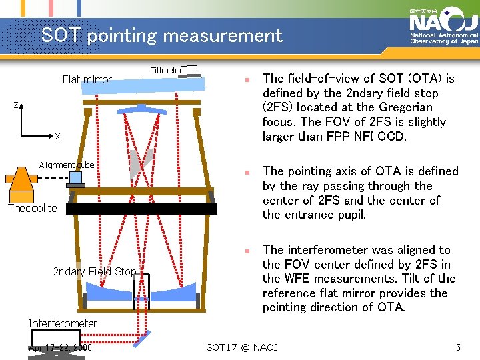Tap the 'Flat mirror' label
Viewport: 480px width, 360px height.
pyautogui.click(x=87, y=79)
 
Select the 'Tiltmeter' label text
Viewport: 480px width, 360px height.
pyautogui.click(x=165, y=70)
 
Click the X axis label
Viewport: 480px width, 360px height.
pyautogui.click(x=57, y=137)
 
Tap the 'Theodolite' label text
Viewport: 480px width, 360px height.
pyautogui.click(x=33, y=208)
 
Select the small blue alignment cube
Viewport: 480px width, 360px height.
pyautogui.click(x=75, y=178)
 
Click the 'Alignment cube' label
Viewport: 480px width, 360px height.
pyautogui.click(x=66, y=165)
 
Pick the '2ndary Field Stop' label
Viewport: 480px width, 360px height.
pyautogui.click(x=94, y=271)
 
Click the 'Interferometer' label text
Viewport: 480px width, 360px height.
pyautogui.click(x=63, y=323)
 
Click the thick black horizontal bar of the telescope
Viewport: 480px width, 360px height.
pyautogui.click(x=141, y=209)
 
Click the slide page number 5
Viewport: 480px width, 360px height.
pyautogui.click(x=458, y=347)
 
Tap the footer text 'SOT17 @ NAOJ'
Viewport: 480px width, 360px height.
pyautogui.click(x=242, y=347)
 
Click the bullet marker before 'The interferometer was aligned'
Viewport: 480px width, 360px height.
pyautogui.click(x=246, y=251)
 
